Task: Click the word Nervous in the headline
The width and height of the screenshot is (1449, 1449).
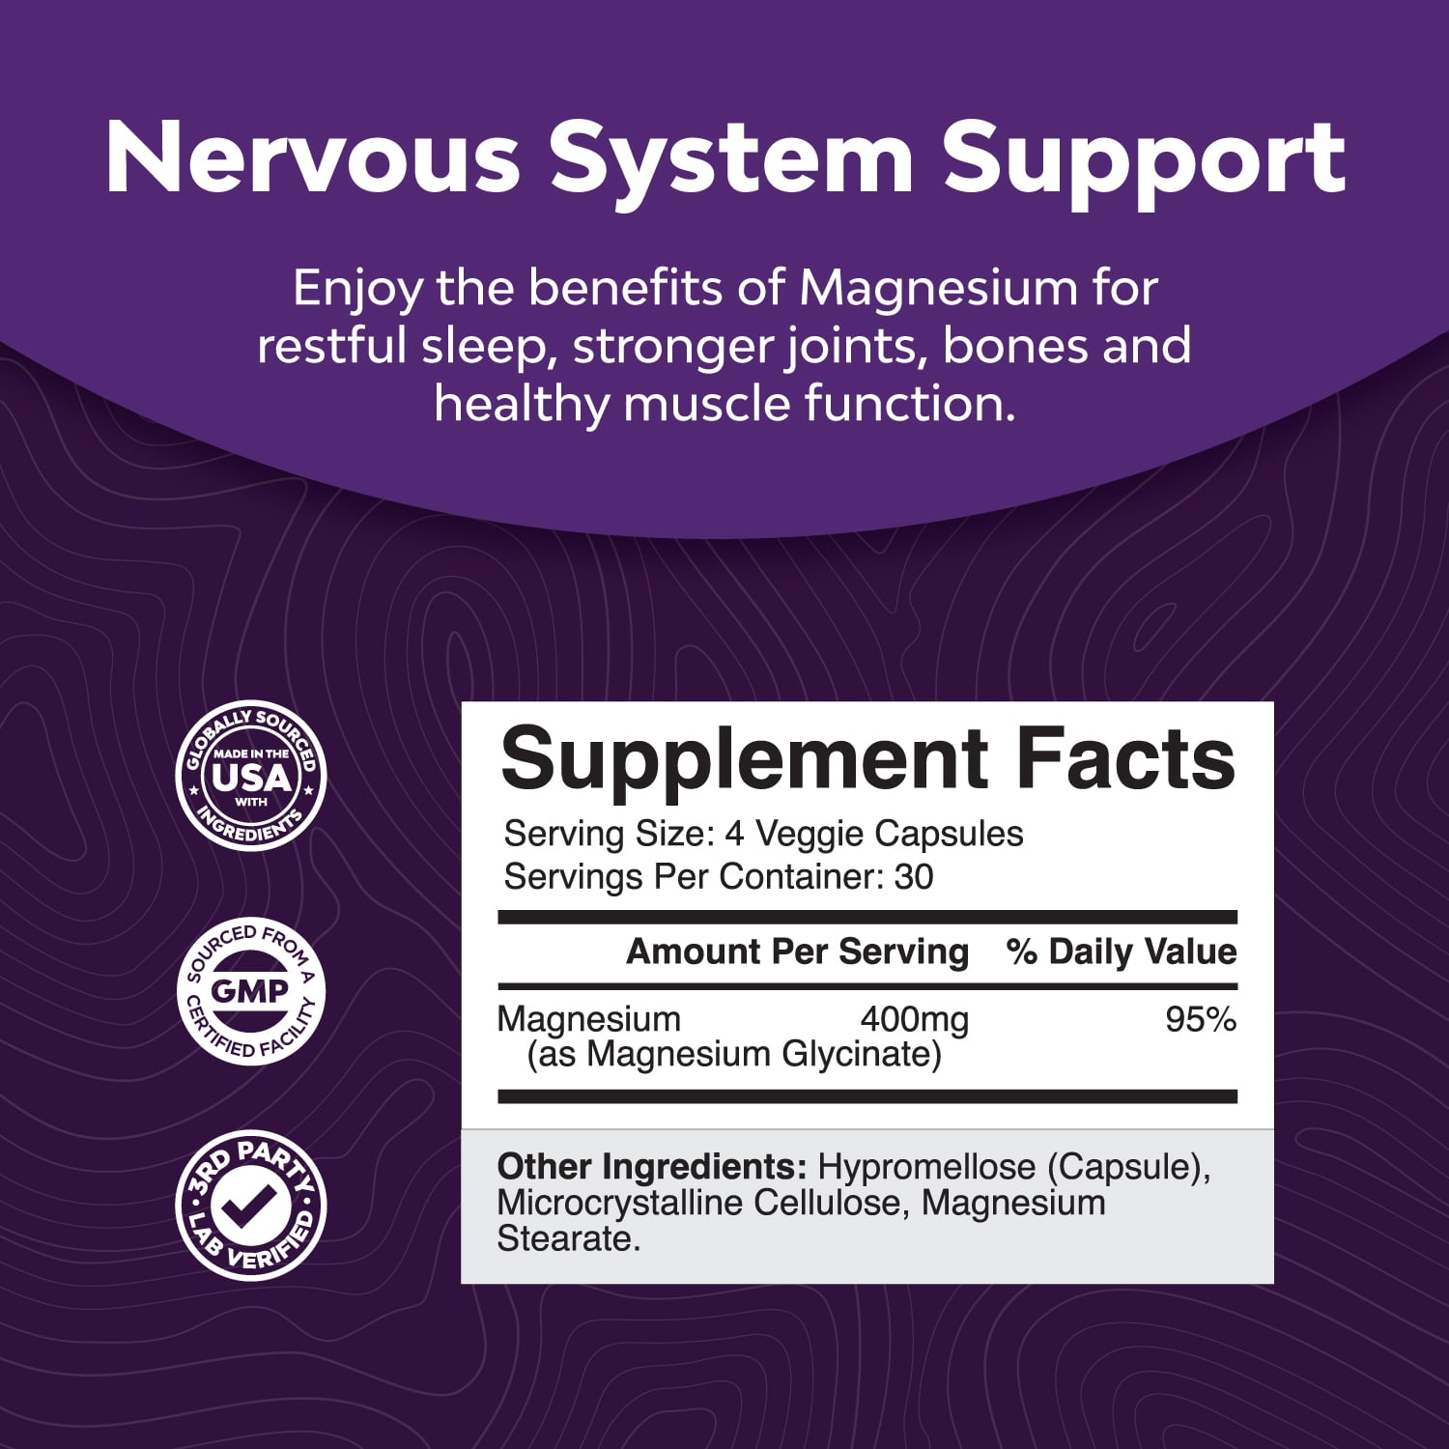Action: click(313, 158)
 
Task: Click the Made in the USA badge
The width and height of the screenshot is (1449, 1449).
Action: click(251, 776)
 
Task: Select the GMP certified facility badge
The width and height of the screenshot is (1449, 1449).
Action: click(251, 991)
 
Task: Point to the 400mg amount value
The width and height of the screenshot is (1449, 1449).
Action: click(914, 1020)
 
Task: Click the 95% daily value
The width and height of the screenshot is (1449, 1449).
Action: click(1201, 1020)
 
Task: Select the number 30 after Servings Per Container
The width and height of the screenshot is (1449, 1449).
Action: click(914, 877)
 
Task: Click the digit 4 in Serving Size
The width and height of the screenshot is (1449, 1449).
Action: click(734, 834)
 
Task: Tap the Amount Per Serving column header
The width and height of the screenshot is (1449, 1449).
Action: click(798, 952)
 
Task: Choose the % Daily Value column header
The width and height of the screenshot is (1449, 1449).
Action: click(1122, 952)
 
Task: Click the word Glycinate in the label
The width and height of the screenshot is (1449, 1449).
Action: click(862, 1055)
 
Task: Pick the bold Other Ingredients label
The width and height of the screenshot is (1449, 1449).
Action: click(652, 1167)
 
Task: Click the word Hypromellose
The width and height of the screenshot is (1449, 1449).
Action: click(927, 1168)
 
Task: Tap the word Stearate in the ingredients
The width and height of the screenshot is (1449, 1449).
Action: click(569, 1239)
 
